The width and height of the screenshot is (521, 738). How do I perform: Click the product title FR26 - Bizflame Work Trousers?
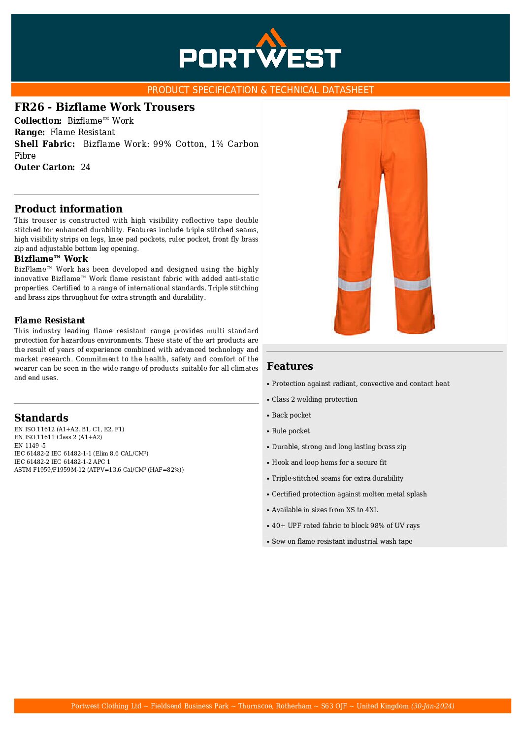104,107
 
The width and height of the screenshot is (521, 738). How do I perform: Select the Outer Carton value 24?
86,167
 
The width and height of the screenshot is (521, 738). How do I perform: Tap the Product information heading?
68,209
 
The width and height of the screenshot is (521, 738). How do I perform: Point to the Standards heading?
41,418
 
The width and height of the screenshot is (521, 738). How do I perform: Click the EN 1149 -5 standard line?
30,446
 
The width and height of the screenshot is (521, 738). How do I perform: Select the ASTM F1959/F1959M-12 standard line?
99,470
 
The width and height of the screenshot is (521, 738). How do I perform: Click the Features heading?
290,366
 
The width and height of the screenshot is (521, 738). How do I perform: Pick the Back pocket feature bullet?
291,415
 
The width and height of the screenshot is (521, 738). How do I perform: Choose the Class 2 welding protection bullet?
314,399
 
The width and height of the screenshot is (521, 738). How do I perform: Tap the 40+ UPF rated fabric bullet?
345,526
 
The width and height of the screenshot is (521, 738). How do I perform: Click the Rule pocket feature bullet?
291,431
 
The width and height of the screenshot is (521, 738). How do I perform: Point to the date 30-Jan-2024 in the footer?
433,706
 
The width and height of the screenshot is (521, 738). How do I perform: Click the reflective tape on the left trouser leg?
355,284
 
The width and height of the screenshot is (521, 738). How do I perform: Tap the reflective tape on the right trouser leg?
412,283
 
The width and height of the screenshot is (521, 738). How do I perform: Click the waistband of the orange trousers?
384,115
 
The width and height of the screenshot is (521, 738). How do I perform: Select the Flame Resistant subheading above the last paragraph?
50,320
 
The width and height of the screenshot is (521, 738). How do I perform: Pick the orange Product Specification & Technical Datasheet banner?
260,90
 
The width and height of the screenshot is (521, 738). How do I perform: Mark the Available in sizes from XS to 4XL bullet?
325,510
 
